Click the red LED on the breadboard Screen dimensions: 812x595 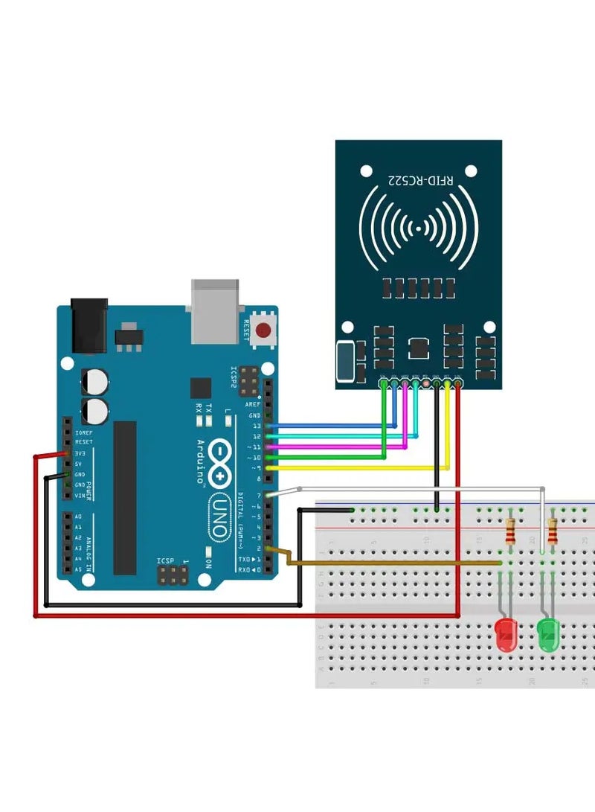[x=506, y=634]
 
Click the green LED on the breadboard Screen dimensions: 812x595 [x=548, y=634]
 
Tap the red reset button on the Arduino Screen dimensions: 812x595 [x=263, y=330]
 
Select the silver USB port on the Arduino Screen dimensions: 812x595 [x=216, y=311]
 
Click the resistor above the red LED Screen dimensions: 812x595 [x=509, y=531]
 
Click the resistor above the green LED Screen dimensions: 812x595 [x=552, y=531]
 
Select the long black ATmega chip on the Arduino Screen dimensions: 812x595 [x=125, y=497]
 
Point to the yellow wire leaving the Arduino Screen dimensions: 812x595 [x=357, y=468]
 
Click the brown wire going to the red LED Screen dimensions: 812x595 [x=387, y=563]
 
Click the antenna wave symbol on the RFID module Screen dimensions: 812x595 [x=418, y=226]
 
